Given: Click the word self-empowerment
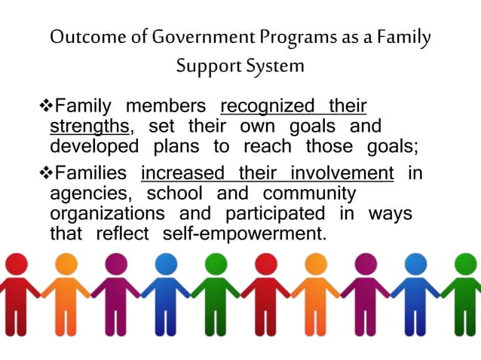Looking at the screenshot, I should coord(245,233).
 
